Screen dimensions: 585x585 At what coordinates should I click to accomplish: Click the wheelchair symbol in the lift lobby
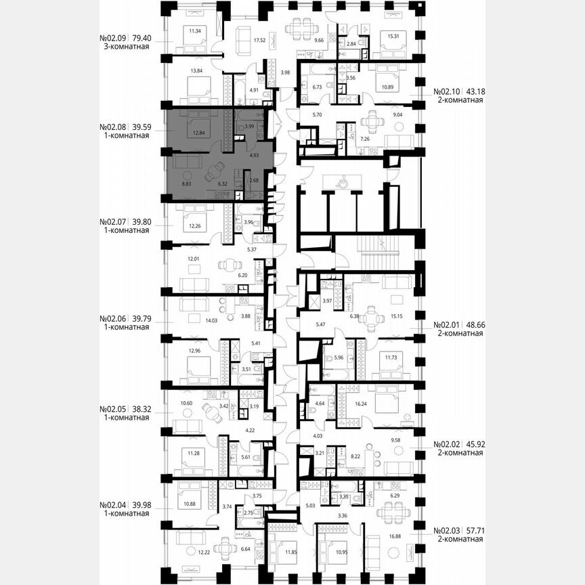point(343,181)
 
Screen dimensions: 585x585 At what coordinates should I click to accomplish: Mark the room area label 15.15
point(395,315)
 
